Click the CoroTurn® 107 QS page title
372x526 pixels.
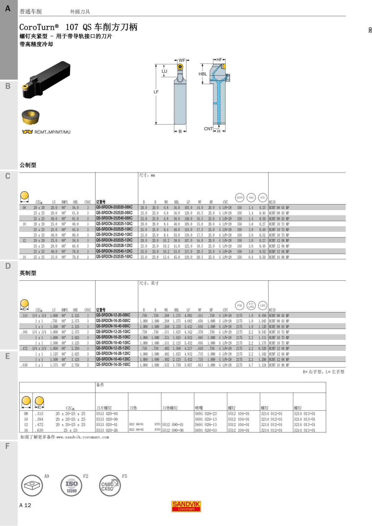click(78, 27)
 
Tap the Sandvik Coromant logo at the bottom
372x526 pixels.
click(186, 506)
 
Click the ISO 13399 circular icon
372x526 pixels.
click(71, 485)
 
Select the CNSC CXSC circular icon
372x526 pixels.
click(110, 485)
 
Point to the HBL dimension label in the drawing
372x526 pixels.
click(203, 74)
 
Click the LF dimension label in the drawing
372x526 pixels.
click(156, 92)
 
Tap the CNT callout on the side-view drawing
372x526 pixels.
click(208, 129)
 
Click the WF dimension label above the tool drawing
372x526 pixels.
click(182, 60)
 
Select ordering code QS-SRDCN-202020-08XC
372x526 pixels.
click(114, 207)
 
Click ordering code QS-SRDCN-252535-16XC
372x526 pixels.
click(114, 257)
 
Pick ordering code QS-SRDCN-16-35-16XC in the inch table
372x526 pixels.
click(113, 365)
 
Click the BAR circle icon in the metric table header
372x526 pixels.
click(240, 198)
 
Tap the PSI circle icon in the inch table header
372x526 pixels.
click(239, 305)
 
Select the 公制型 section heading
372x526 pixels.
click(28, 165)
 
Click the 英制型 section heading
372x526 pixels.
click(28, 273)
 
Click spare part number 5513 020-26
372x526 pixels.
click(107, 430)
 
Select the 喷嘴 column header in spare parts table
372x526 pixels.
click(199, 408)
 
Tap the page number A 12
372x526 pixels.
click(25, 505)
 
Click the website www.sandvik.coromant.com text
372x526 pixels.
click(82, 437)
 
